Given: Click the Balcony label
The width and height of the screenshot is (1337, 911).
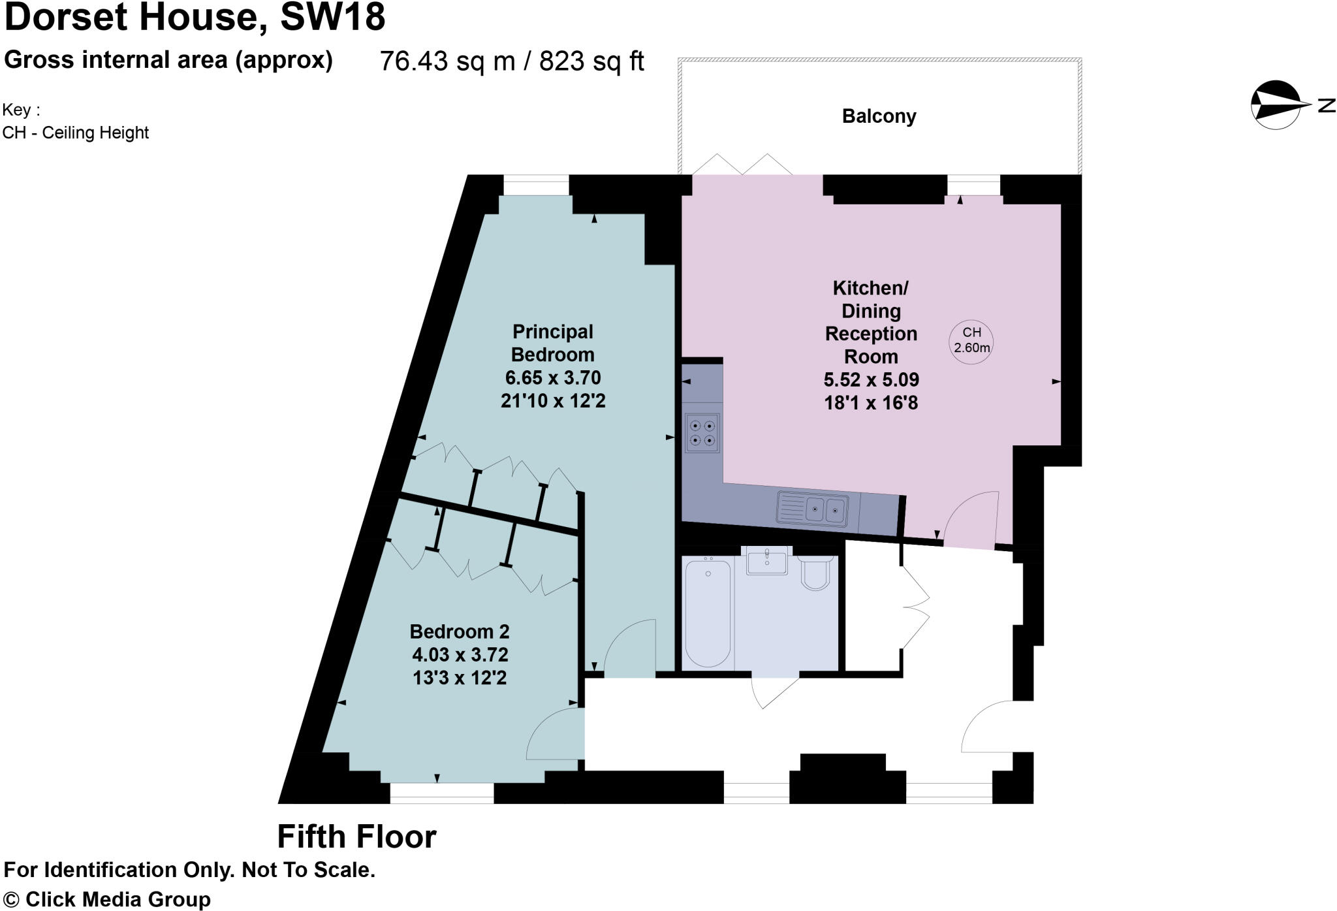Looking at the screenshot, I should tap(879, 116).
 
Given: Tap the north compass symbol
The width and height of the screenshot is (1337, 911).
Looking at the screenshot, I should tap(1276, 105).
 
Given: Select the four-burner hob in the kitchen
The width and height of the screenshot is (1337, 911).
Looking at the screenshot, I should tap(702, 433).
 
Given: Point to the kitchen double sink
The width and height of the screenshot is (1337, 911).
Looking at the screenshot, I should tap(813, 510).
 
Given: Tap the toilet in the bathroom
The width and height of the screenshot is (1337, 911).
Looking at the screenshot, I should tap(816, 573).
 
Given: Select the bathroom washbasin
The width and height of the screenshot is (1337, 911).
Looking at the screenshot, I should tap(766, 561).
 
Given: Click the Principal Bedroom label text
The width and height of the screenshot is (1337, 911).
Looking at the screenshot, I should tap(552, 343).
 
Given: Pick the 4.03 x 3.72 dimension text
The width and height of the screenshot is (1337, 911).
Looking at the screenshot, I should tap(460, 654).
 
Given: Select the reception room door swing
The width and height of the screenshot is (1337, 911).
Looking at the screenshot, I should tap(971, 519).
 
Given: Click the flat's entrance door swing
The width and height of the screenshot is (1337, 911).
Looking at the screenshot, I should tap(987, 727).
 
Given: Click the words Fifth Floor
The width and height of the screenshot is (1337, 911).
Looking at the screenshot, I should tap(356, 837).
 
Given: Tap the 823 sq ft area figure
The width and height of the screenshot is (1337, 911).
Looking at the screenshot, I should tap(591, 61).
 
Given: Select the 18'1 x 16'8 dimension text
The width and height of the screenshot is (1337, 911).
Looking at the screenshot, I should tap(871, 403).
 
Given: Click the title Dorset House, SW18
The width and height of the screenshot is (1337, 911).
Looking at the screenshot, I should tap(195, 17).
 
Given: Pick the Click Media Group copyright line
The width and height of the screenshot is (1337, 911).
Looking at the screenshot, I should tap(107, 899).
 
